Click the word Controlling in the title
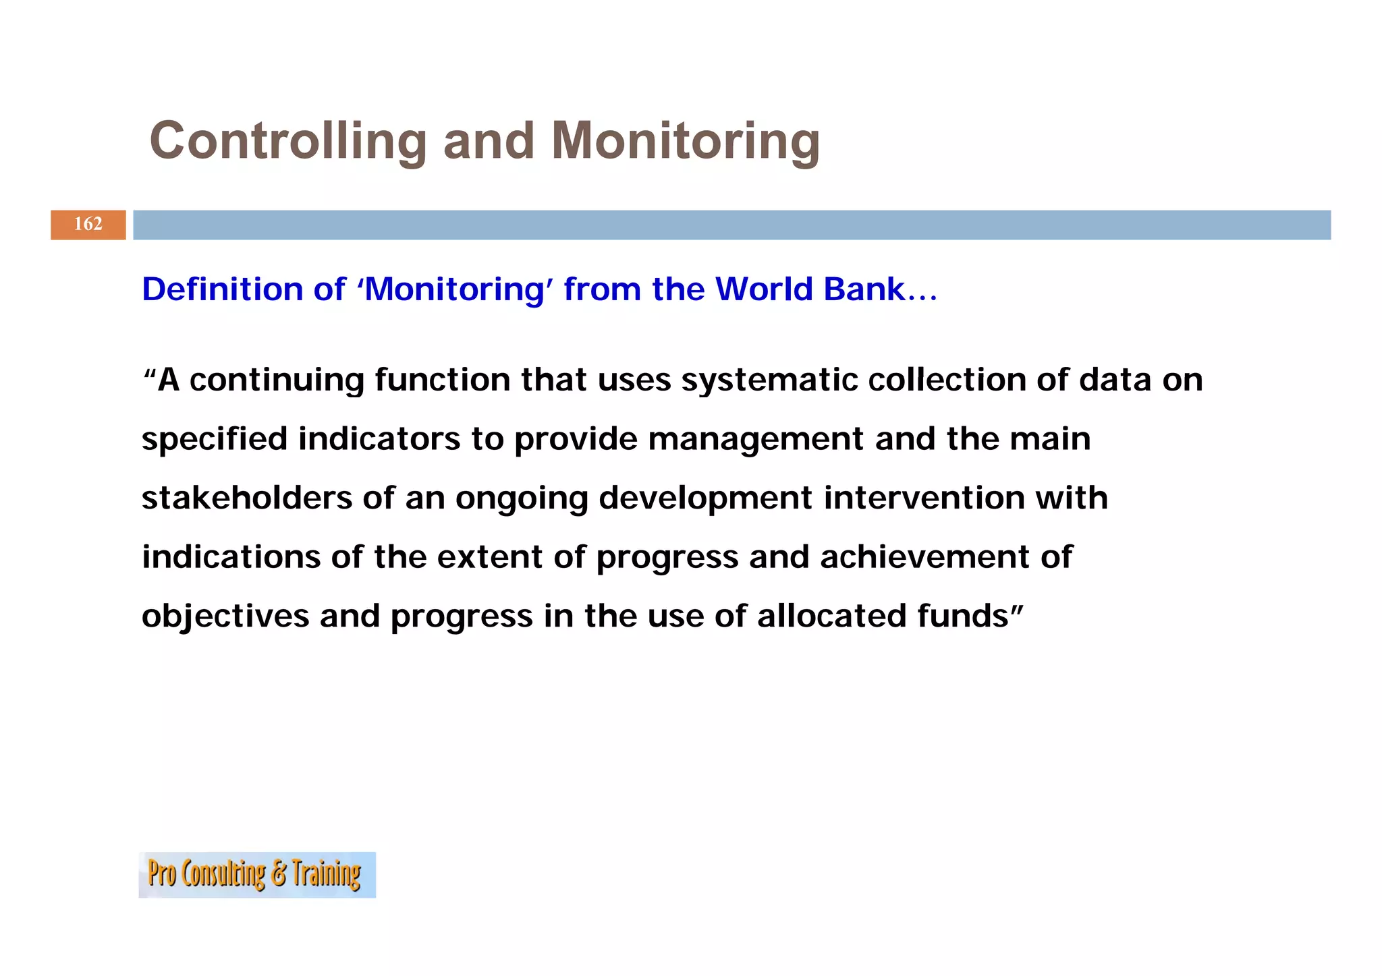pos(288,141)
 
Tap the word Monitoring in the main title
pos(686,141)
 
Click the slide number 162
pos(88,224)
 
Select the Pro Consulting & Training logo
pos(256,874)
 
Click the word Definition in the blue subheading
pos(223,289)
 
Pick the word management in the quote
pos(756,439)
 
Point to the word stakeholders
pos(246,498)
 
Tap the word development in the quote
pos(705,498)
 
